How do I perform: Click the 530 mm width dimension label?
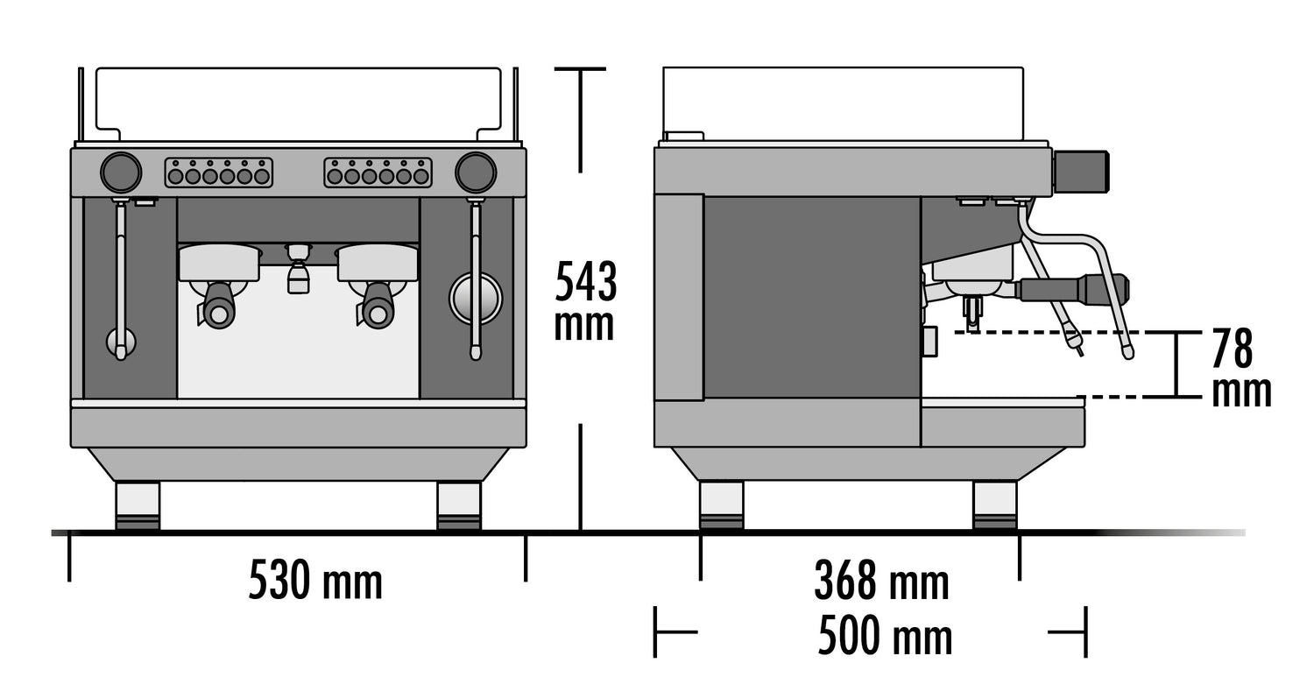coord(315,580)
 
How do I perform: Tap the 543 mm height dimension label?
coord(585,300)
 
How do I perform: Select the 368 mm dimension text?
coord(881,580)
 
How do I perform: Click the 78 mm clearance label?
coord(1240,368)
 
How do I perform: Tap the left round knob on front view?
coord(121,173)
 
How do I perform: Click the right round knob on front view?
coord(476,173)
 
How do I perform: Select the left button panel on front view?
coord(219,173)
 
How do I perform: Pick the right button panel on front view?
coord(378,173)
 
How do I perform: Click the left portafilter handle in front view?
coord(218,307)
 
